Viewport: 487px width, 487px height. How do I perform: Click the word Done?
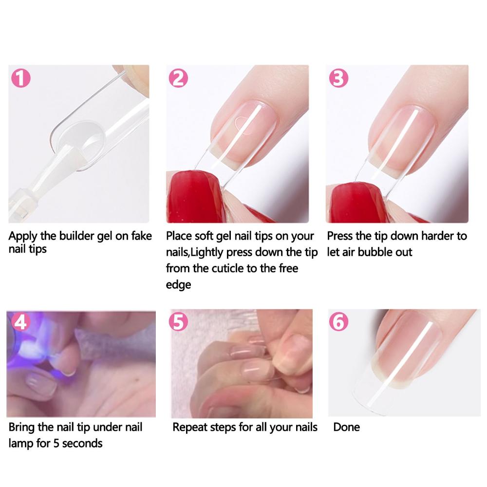(x=347, y=428)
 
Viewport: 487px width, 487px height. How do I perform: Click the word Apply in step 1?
(x=23, y=237)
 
